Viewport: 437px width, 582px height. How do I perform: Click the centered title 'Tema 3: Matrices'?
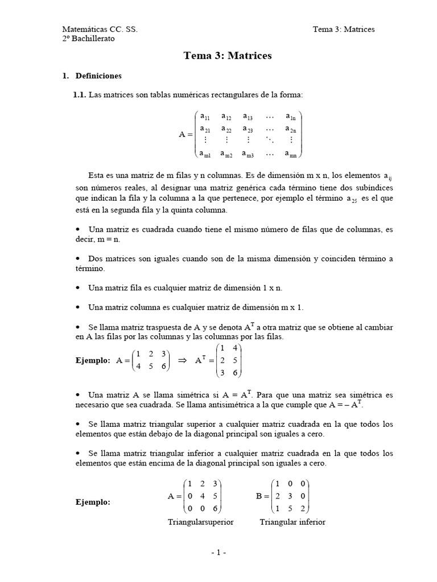(228, 56)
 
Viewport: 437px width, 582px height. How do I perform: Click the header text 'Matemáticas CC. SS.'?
(100, 29)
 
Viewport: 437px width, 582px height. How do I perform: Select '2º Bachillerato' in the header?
(88, 38)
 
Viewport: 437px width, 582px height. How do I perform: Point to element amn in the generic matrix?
(290, 153)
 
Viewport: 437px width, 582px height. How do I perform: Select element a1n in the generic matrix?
(290, 117)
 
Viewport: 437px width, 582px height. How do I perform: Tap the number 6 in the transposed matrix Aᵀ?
(235, 373)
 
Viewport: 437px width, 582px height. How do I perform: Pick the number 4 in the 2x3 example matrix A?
(138, 367)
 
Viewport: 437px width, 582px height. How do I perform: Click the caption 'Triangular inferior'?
(292, 522)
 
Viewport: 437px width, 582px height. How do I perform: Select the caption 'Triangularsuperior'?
(200, 522)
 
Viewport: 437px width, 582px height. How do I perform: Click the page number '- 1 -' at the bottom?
(218, 552)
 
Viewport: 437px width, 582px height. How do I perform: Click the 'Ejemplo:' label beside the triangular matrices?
(93, 503)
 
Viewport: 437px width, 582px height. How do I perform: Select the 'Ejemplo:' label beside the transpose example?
(93, 360)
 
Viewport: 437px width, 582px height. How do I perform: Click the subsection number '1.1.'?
(79, 95)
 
